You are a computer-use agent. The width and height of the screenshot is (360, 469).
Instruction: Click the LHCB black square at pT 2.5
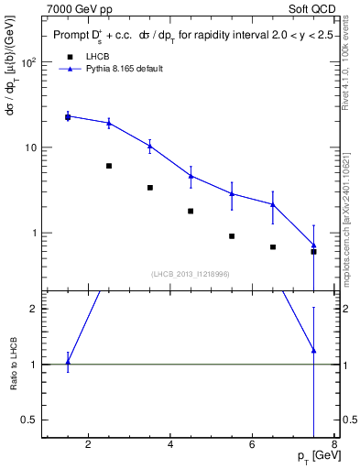[109, 166]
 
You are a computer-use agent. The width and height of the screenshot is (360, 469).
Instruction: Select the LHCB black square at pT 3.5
[150, 188]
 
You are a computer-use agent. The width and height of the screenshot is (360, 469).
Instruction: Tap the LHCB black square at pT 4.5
[191, 211]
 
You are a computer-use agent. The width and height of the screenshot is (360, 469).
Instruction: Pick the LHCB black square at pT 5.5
[232, 236]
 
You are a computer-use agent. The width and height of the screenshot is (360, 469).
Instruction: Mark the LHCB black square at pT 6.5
[273, 246]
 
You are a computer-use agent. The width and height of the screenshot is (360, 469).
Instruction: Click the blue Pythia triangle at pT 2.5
[109, 123]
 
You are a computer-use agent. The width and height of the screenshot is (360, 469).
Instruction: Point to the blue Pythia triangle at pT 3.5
[150, 145]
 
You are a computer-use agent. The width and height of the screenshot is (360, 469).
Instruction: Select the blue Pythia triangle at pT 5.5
[232, 193]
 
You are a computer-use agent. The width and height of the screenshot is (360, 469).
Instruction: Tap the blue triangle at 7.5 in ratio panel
[314, 350]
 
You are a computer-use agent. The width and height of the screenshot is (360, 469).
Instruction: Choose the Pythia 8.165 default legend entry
[125, 69]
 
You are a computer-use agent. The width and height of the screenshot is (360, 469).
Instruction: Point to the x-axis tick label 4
[171, 446]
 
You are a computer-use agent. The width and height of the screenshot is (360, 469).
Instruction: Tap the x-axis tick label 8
[335, 446]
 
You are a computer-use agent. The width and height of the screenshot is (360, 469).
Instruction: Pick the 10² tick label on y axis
[28, 63]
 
